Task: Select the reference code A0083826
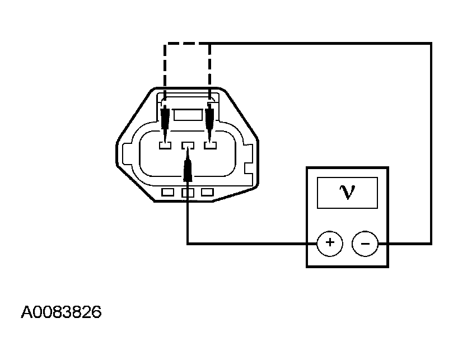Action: [x=61, y=312]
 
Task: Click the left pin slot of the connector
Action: [x=165, y=146]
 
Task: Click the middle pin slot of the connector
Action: [x=188, y=146]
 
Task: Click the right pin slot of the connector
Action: [x=210, y=146]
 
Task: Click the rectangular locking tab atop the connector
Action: [x=188, y=116]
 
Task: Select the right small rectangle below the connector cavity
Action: [x=208, y=193]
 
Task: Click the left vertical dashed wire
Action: [x=164, y=70]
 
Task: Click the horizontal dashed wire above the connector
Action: [x=186, y=44]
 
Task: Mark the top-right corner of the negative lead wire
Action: [x=431, y=44]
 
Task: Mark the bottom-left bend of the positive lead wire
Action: [x=188, y=243]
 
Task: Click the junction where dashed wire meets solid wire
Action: [x=210, y=44]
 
